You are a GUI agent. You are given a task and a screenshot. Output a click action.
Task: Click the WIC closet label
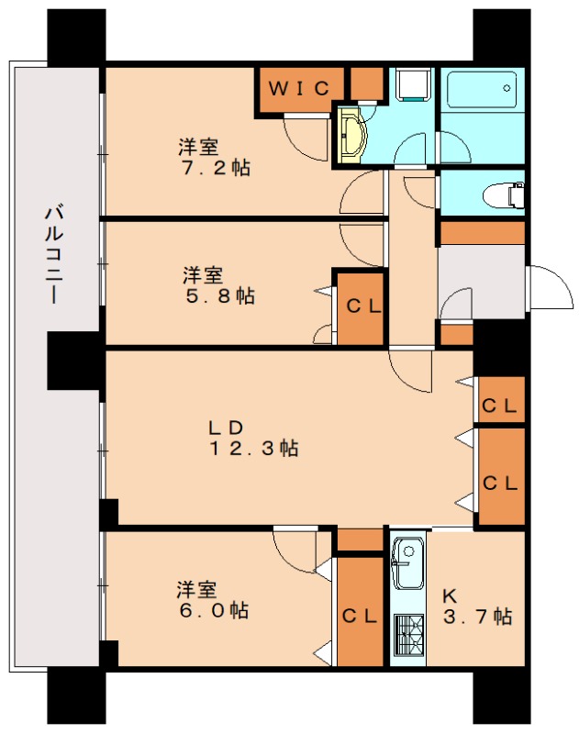(298, 89)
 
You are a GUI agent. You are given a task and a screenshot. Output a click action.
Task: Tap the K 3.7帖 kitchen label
(478, 606)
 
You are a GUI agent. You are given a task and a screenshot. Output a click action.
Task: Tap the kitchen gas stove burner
(407, 634)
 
